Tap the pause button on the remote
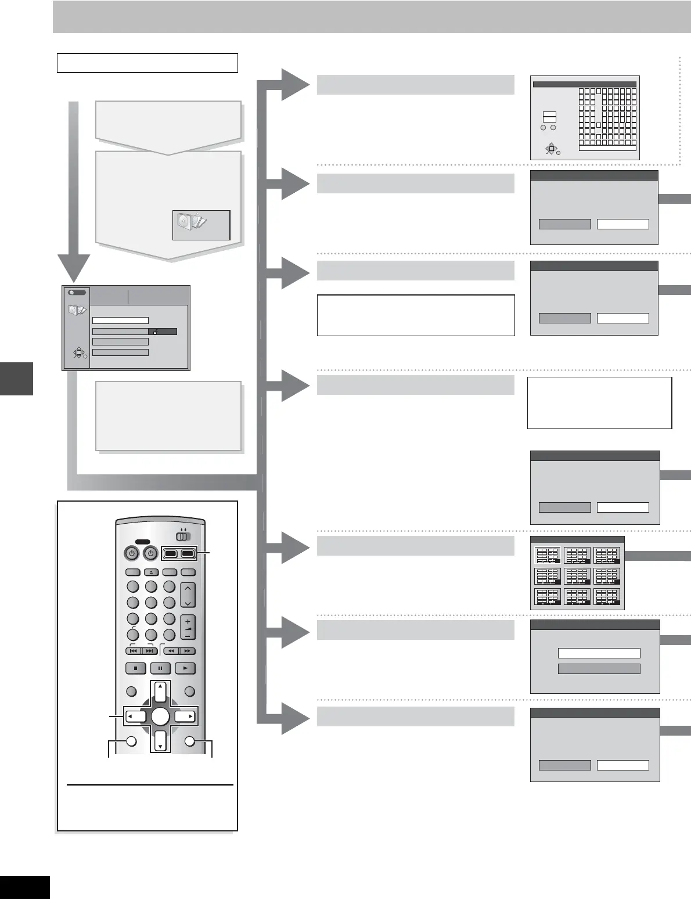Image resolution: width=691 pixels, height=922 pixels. (x=160, y=668)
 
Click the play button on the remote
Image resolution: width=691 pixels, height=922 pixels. (x=185, y=668)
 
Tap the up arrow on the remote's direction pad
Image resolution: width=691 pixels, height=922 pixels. (x=160, y=691)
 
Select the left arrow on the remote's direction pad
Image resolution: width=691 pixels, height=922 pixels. (x=135, y=716)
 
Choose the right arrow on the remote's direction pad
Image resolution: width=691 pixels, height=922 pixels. (x=186, y=716)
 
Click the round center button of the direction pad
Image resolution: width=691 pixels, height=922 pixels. (x=160, y=716)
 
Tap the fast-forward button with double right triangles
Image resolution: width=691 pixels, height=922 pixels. (x=186, y=651)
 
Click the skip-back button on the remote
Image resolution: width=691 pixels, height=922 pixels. (x=134, y=651)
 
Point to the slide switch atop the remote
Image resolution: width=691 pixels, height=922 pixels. (x=183, y=536)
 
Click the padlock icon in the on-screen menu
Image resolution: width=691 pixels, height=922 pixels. (x=156, y=332)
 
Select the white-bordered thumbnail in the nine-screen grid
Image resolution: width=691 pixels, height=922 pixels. (x=547, y=556)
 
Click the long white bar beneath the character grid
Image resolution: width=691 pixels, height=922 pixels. (x=607, y=149)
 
